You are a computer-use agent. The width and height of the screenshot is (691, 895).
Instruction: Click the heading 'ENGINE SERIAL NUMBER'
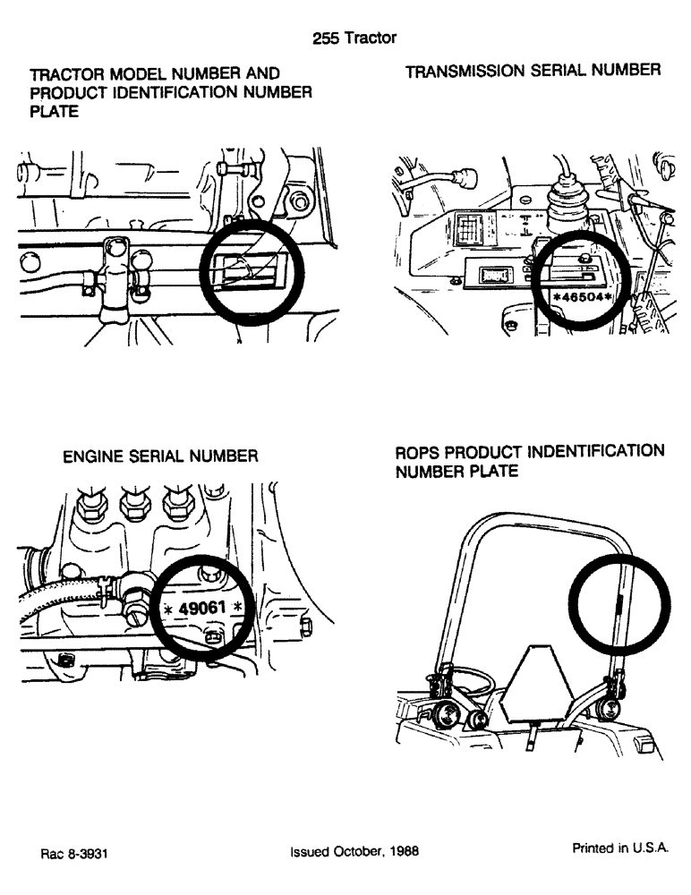tap(160, 456)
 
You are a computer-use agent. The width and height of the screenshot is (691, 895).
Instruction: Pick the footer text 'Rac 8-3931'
tap(74, 854)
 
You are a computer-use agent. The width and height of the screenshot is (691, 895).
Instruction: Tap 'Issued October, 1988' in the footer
tap(354, 853)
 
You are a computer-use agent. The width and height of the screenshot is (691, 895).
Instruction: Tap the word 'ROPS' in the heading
tap(416, 451)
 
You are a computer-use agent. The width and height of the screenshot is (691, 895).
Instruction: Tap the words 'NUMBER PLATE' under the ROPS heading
tap(456, 472)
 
